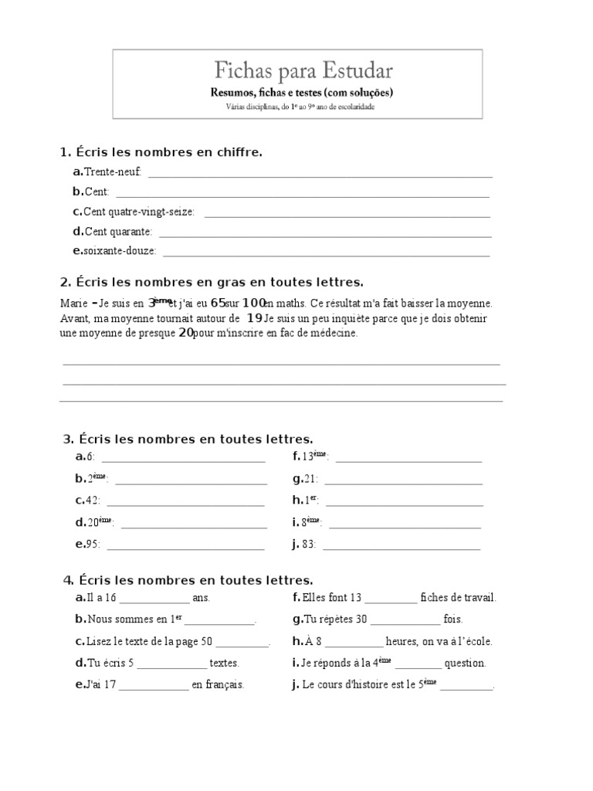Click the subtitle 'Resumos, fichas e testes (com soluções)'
pos(303,92)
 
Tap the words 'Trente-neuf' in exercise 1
pos(113,171)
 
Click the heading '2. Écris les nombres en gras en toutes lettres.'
pos(211,283)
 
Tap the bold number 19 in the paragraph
pos(254,318)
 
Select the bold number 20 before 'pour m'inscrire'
pos(185,333)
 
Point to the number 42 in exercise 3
pos(94,501)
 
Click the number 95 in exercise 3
pos(94,544)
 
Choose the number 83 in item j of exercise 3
pos(310,544)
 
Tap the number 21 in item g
pos(311,479)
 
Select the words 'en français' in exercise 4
pos(219,684)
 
